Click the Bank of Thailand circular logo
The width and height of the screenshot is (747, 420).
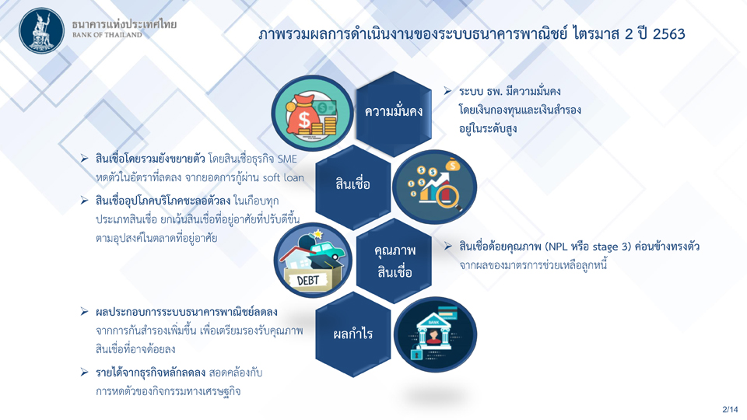41,31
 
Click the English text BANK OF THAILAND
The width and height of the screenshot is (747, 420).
107,35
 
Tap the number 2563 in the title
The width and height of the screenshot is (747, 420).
669,33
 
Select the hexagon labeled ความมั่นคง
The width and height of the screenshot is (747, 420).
394,114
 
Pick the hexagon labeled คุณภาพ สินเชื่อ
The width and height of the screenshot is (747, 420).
394,261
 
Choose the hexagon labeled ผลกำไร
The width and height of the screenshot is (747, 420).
353,334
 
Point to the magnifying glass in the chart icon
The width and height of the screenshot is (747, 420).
450,196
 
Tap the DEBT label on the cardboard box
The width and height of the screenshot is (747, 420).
308,281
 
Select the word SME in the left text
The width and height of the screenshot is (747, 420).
287,159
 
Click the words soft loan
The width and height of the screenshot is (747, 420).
283,177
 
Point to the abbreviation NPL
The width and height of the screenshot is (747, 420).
561,247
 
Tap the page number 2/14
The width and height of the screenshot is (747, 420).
730,410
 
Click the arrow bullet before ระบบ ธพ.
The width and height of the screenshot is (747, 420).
447,90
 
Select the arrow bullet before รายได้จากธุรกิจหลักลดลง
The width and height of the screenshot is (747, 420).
84,372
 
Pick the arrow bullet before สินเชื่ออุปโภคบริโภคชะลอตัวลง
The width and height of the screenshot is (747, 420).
84,201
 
